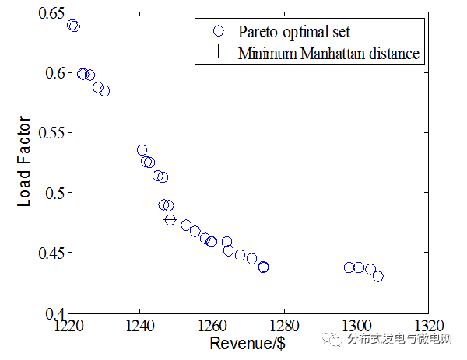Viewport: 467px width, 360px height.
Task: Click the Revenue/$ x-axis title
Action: pyautogui.click(x=247, y=343)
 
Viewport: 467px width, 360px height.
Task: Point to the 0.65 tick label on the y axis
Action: pyautogui.click(x=47, y=13)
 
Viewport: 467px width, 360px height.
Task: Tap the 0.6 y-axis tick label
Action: pyautogui.click(x=51, y=73)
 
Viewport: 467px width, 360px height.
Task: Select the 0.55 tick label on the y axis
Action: pyautogui.click(x=47, y=133)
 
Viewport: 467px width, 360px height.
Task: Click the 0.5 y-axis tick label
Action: pyautogui.click(x=51, y=193)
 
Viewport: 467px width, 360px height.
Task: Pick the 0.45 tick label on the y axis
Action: pyautogui.click(x=47, y=253)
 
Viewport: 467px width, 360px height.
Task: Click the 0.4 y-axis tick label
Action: pyautogui.click(x=51, y=313)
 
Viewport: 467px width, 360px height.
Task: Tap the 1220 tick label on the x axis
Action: pyautogui.click(x=68, y=325)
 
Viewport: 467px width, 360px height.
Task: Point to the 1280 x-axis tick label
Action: pyautogui.click(x=283, y=325)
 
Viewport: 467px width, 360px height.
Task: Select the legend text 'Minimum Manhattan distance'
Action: pyautogui.click(x=329, y=54)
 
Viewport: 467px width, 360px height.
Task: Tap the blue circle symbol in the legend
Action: pyautogui.click(x=219, y=31)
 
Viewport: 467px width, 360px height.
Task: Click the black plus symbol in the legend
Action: pyautogui.click(x=219, y=53)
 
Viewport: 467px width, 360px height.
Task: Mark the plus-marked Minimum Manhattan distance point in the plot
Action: pyautogui.click(x=170, y=220)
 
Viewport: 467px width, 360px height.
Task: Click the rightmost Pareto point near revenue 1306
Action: pyautogui.click(x=377, y=276)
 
